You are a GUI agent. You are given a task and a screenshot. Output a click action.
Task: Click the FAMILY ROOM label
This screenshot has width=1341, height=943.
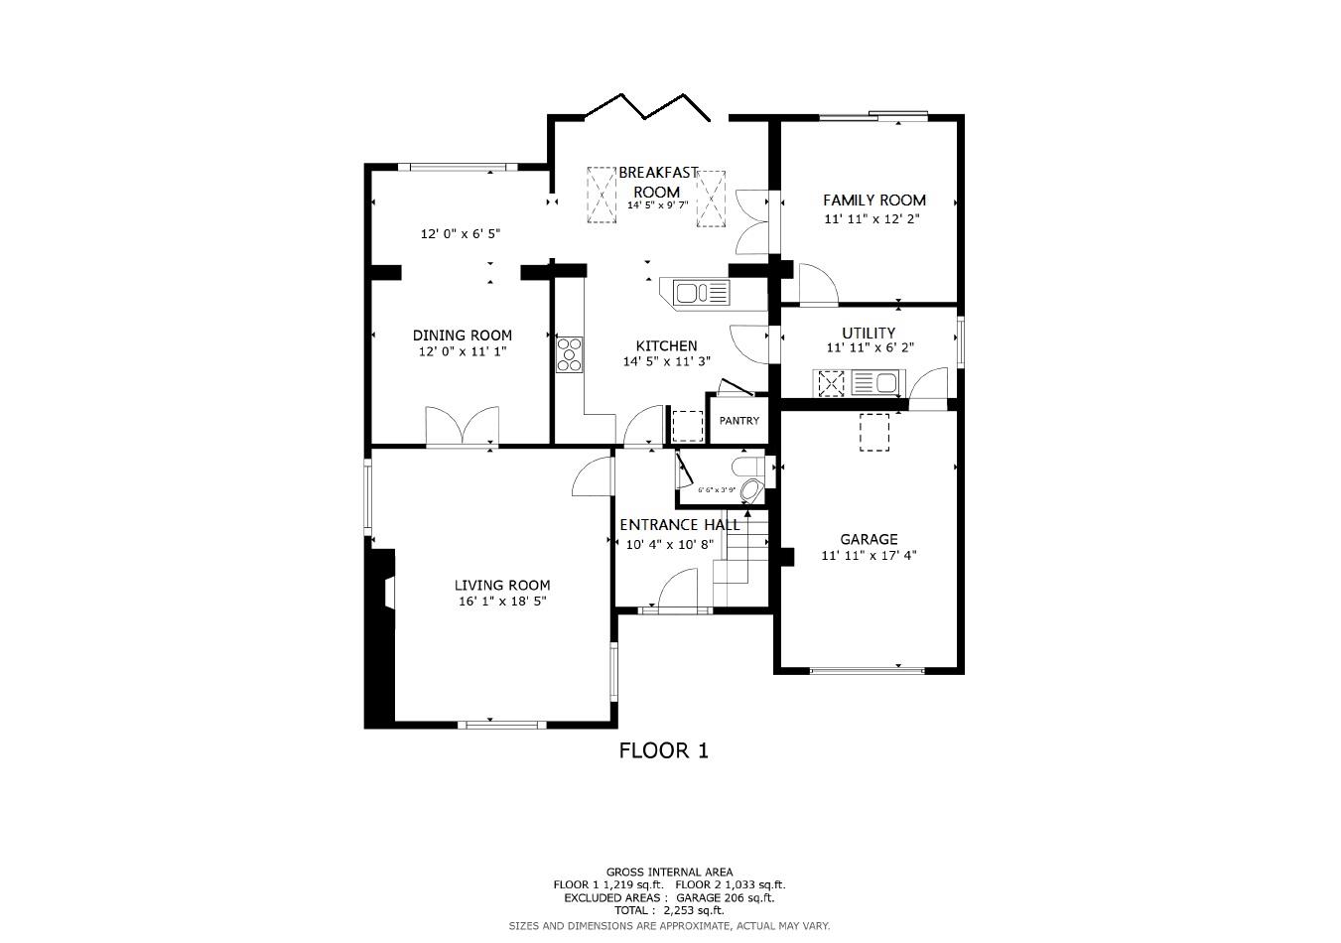(873, 200)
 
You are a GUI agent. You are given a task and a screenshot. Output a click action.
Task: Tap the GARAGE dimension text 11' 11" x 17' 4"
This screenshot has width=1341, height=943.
(869, 556)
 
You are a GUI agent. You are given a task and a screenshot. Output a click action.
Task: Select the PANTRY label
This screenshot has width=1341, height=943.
(739, 421)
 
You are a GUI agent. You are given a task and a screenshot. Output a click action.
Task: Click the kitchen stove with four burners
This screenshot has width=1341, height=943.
(570, 354)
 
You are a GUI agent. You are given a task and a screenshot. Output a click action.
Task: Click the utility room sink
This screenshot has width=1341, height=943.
(874, 382)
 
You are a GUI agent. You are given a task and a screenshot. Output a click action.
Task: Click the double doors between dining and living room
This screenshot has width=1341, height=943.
(462, 427)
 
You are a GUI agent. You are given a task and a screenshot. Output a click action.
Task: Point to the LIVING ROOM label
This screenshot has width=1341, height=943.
(502, 586)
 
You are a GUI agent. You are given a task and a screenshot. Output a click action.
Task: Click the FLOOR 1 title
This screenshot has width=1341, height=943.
(663, 750)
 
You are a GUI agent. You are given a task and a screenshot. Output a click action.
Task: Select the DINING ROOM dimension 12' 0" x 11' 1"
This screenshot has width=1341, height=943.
(463, 351)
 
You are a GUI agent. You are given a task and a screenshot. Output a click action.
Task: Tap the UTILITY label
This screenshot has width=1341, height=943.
(869, 333)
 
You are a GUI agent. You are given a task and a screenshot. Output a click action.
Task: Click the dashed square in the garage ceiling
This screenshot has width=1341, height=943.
(874, 433)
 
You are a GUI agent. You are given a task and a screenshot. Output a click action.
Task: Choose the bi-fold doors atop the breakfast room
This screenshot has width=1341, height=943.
(647, 107)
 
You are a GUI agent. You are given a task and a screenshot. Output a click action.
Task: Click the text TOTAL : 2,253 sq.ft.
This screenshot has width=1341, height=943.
(669, 910)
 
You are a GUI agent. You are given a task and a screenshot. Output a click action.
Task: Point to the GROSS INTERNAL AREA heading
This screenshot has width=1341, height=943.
(669, 873)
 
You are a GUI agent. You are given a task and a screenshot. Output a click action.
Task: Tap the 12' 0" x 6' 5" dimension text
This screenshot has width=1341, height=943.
(461, 234)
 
